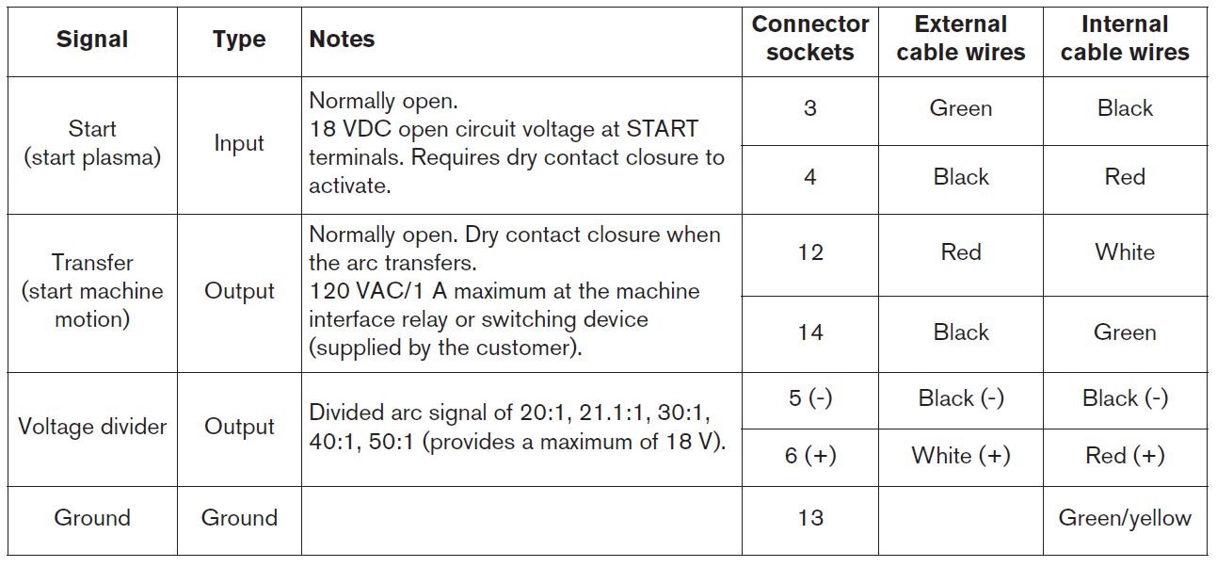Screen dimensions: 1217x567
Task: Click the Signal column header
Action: click(92, 40)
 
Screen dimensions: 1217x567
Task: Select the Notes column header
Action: click(342, 40)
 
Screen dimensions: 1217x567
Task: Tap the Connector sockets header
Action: click(810, 38)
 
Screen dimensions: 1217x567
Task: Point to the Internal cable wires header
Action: click(1125, 38)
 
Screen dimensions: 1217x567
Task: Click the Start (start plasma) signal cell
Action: click(92, 143)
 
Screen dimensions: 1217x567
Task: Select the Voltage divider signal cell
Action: click(92, 427)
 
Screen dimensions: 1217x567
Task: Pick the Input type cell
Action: click(239, 143)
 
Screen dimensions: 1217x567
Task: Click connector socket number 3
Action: click(810, 108)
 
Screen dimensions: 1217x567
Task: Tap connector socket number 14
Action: click(810, 332)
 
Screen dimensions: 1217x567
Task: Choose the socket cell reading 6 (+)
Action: click(810, 456)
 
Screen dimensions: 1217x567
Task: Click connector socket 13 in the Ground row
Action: click(810, 517)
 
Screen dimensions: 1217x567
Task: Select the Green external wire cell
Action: click(961, 108)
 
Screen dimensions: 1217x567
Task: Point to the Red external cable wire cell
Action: click(961, 252)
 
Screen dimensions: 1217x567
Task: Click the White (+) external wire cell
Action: click(961, 456)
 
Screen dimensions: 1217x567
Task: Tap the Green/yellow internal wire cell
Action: click(1125, 518)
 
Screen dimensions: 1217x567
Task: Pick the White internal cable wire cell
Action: click(1125, 252)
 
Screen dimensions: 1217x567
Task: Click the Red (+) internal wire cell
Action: click(1125, 456)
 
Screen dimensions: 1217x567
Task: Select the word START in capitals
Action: click(662, 129)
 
